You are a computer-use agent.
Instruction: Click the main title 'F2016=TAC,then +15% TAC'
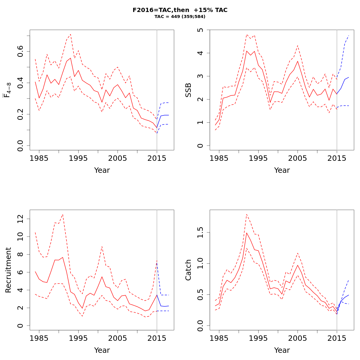pyautogui.click(x=180, y=10)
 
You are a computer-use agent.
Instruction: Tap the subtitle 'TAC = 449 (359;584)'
pyautogui.click(x=180, y=17)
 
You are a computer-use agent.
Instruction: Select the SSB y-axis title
pyautogui.click(x=188, y=90)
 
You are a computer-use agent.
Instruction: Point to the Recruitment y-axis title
pyautogui.click(x=8, y=270)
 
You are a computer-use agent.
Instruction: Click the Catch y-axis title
pyautogui.click(x=188, y=270)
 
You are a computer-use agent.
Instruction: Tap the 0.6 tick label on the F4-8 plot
pyautogui.click(x=20, y=52)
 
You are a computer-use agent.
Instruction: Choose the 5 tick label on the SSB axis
pyautogui.click(x=200, y=30)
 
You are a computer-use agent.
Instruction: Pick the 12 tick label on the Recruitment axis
pyautogui.click(x=20, y=219)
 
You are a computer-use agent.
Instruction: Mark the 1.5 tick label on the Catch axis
pyautogui.click(x=200, y=232)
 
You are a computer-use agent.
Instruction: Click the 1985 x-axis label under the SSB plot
pyautogui.click(x=219, y=158)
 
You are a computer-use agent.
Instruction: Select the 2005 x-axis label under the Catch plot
pyautogui.click(x=297, y=338)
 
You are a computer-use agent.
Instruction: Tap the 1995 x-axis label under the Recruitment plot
pyautogui.click(x=78, y=338)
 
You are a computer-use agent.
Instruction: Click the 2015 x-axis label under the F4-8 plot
pyautogui.click(x=157, y=158)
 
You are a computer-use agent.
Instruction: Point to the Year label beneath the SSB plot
pyautogui.click(x=282, y=170)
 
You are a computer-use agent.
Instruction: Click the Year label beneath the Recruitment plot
pyautogui.click(x=102, y=350)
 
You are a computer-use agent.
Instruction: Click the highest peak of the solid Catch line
pyautogui.click(x=247, y=232)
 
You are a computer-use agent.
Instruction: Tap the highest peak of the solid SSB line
pyautogui.click(x=247, y=51)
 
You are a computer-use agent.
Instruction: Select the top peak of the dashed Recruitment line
pyautogui.click(x=62, y=214)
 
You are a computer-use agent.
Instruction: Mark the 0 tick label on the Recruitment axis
pyautogui.click(x=20, y=325)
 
